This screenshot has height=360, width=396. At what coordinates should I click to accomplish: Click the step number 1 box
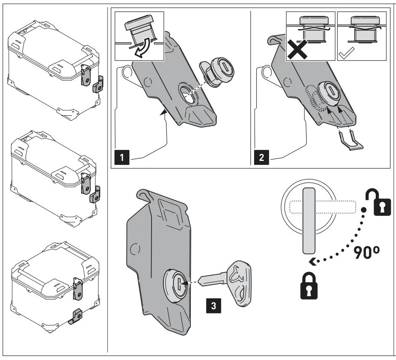tap(122, 158)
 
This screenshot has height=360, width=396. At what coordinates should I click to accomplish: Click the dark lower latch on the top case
tap(96, 84)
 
